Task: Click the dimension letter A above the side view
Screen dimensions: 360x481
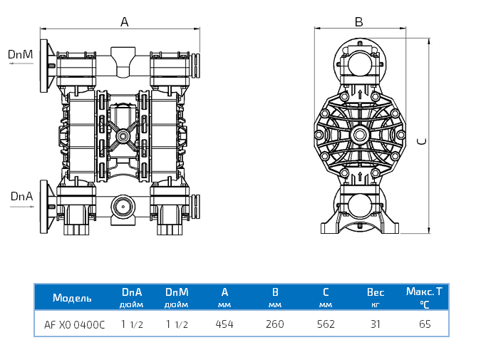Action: click(x=124, y=22)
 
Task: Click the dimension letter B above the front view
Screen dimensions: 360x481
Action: click(x=358, y=22)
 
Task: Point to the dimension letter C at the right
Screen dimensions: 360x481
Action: click(x=422, y=140)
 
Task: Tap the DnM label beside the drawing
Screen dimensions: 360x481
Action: click(x=21, y=54)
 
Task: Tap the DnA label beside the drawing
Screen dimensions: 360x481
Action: click(x=21, y=195)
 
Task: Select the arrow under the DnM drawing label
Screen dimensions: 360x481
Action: click(x=21, y=64)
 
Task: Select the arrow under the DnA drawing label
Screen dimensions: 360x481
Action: click(x=21, y=206)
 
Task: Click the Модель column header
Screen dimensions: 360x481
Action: click(x=72, y=297)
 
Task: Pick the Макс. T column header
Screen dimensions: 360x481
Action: click(x=424, y=292)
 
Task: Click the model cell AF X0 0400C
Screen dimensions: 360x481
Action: click(x=74, y=324)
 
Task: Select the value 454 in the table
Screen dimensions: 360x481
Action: click(x=225, y=324)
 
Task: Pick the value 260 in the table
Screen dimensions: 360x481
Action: click(x=274, y=324)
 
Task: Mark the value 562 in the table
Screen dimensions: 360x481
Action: click(x=326, y=324)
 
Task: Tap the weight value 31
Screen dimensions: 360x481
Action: click(x=376, y=324)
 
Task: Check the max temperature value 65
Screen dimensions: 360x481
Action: click(x=425, y=324)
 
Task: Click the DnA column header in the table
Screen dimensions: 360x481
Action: click(x=132, y=292)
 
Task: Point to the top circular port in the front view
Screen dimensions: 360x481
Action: click(x=359, y=63)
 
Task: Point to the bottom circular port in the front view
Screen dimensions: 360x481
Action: click(x=359, y=206)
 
